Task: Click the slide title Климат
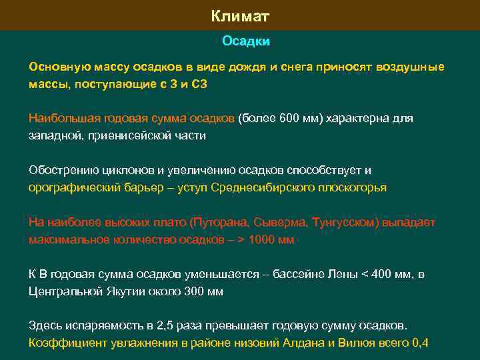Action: tap(239, 15)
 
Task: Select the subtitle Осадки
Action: tap(246, 41)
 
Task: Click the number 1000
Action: tap(261, 240)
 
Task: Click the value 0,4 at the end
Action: tap(421, 344)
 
